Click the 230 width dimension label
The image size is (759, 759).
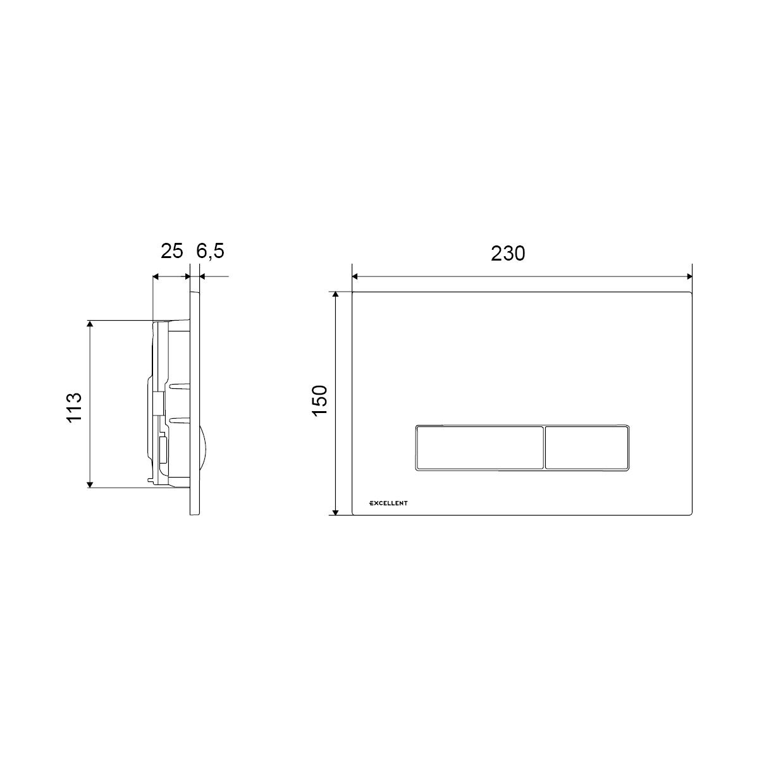(x=508, y=254)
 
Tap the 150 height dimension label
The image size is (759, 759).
(x=320, y=400)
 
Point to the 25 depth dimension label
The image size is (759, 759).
(x=172, y=251)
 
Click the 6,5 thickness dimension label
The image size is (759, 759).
(x=211, y=251)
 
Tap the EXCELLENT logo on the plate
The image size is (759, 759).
(x=388, y=503)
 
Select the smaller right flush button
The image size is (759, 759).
(x=587, y=448)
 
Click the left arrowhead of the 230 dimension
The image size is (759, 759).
(x=355, y=276)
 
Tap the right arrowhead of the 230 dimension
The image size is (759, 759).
(x=689, y=276)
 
